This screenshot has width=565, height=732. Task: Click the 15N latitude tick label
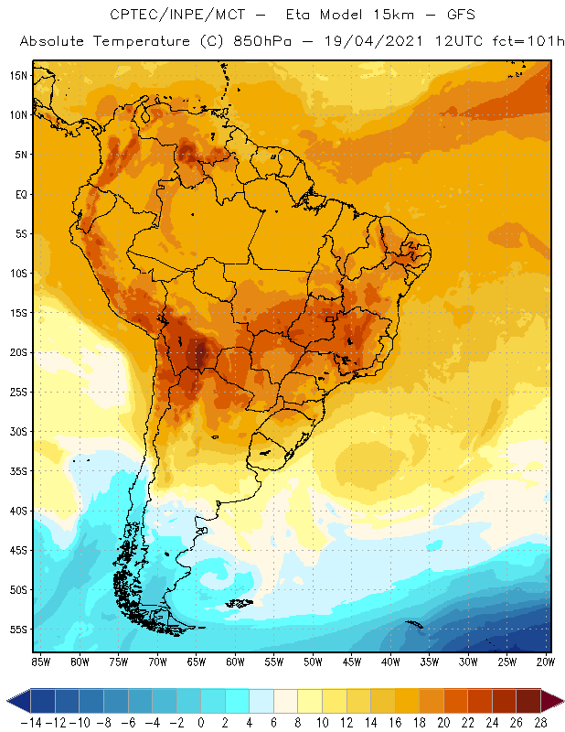point(17,76)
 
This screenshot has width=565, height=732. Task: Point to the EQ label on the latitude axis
point(19,194)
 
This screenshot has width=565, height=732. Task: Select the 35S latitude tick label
point(17,471)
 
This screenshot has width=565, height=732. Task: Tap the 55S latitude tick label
point(17,630)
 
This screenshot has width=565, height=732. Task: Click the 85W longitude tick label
point(40,662)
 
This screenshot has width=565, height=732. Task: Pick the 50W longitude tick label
point(313,662)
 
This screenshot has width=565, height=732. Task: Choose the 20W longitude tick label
point(547,662)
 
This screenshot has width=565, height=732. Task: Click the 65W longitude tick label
point(197,662)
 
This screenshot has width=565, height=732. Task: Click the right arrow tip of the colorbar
point(559,701)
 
